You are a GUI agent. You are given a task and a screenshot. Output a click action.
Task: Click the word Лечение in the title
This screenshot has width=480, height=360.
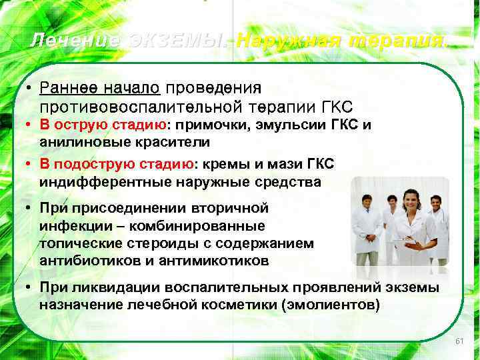(75, 41)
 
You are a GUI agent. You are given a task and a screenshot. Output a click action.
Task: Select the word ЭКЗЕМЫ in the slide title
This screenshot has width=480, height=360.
(177, 41)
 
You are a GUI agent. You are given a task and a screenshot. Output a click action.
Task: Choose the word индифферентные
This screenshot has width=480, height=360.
(98, 181)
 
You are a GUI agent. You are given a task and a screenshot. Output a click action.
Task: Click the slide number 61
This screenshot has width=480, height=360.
(459, 341)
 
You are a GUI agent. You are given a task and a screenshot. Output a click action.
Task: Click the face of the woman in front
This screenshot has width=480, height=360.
(411, 199)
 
